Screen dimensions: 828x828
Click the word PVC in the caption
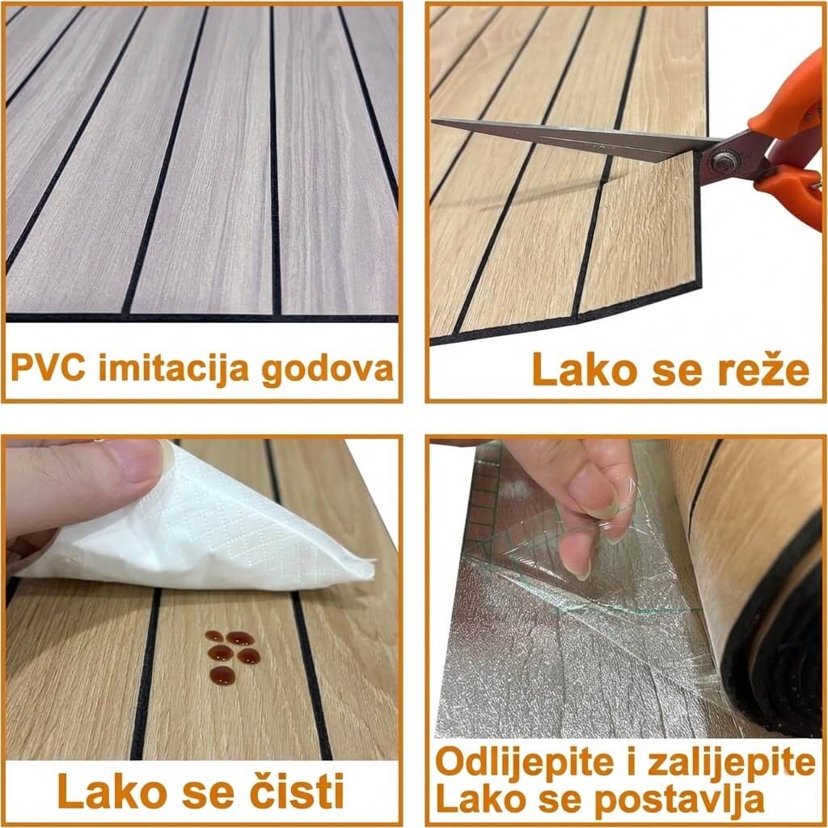[48, 368]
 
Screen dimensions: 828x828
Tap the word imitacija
[174, 369]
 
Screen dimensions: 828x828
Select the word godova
[328, 369]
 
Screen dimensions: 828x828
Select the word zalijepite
[731, 763]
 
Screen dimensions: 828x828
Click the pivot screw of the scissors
[719, 162]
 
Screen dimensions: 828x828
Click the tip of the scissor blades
[434, 121]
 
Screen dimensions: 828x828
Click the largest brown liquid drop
[222, 675]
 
